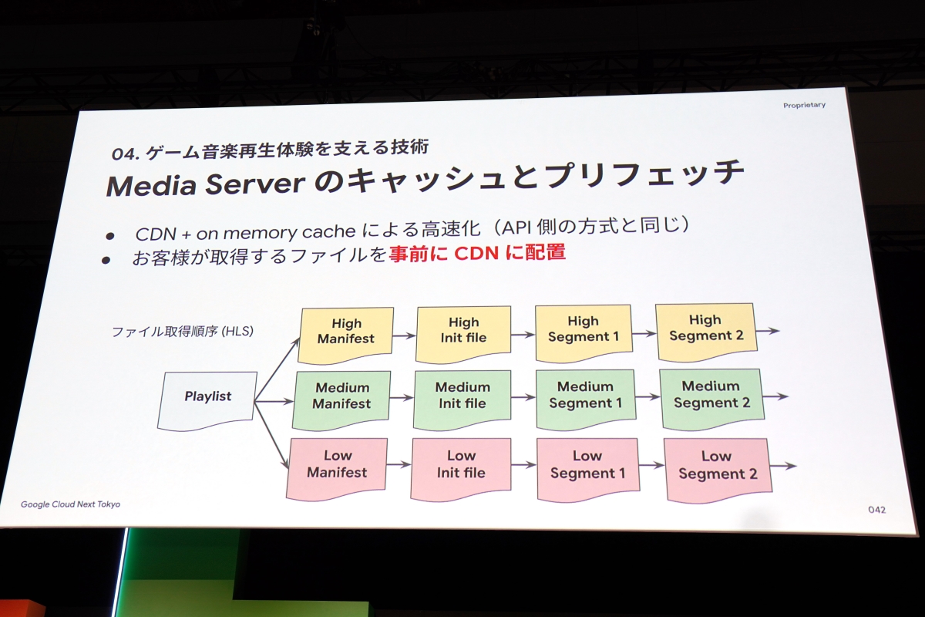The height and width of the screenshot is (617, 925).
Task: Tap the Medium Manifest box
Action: pos(341,397)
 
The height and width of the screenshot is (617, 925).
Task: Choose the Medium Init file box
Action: pos(462,397)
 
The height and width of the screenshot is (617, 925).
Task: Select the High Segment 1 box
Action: pos(583,330)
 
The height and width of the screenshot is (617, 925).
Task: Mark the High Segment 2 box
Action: pos(705,329)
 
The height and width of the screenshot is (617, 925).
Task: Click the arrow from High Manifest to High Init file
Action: pos(405,336)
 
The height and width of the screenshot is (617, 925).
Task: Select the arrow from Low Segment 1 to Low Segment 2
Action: pos(651,465)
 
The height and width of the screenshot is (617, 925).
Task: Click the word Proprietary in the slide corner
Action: pos(804,105)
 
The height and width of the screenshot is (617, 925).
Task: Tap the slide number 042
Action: pos(876,510)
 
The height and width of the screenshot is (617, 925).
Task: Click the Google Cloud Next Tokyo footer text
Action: pos(70,504)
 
